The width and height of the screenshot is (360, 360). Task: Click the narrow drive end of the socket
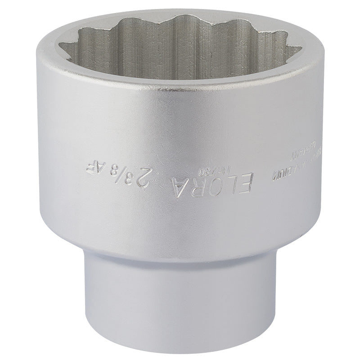pyautogui.click(x=180, y=292)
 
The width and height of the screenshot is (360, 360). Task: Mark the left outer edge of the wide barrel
pyautogui.click(x=44, y=148)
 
